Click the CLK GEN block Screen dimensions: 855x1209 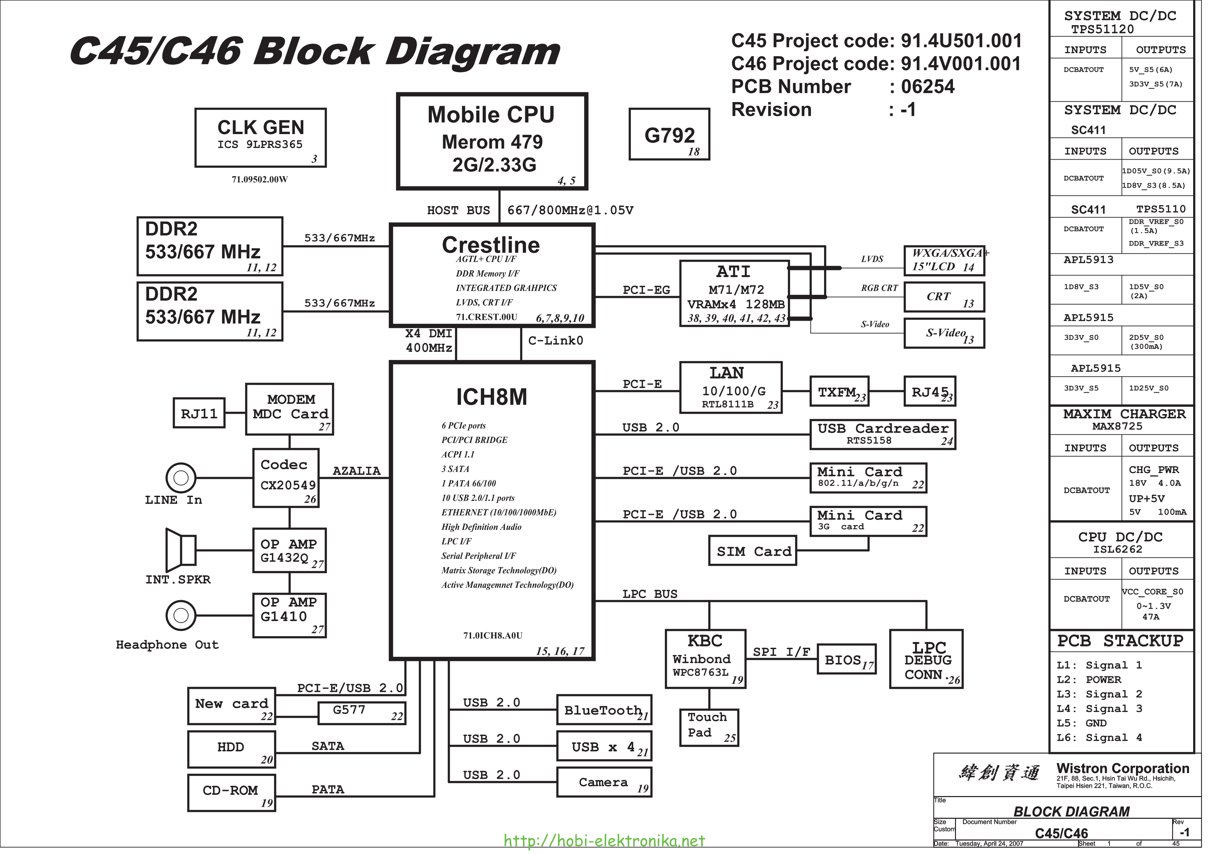(261, 138)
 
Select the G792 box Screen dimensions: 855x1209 (669, 134)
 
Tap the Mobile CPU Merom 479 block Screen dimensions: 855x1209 (492, 141)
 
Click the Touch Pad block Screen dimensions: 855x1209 (709, 727)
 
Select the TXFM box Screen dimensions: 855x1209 (839, 391)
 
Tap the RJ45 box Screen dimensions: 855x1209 (929, 391)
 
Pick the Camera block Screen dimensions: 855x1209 (604, 782)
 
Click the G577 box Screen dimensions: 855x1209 (362, 713)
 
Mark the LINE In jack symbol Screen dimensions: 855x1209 (181, 478)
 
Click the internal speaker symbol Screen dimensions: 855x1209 (181, 550)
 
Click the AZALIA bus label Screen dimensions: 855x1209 (356, 471)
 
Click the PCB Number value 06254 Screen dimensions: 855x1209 (927, 87)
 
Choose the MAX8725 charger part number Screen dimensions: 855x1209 (1117, 426)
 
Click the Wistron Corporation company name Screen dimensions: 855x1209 (1122, 768)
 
